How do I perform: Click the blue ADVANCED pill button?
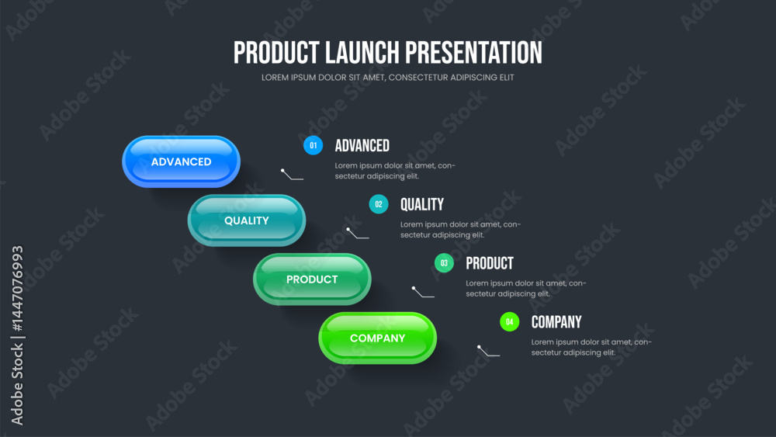coord(181,161)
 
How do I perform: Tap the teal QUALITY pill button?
coord(247,220)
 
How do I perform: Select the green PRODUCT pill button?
coord(312,279)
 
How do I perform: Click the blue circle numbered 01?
coord(313,145)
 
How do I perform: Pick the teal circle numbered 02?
coord(379,204)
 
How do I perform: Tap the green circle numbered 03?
coord(444,263)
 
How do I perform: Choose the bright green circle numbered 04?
coord(509,322)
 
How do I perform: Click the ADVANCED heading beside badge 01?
coord(362,145)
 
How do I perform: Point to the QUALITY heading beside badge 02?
coord(422,204)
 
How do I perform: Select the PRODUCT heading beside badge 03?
coord(490,263)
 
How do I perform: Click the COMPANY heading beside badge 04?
coord(556,322)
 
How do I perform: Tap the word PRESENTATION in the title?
coord(473,53)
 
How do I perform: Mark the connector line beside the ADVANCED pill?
coord(292,175)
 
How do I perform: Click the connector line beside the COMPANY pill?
coord(488,352)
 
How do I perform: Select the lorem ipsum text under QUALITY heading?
coord(460,230)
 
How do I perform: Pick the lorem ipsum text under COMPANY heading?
coord(591,348)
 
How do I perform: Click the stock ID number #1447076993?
coord(17,289)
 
